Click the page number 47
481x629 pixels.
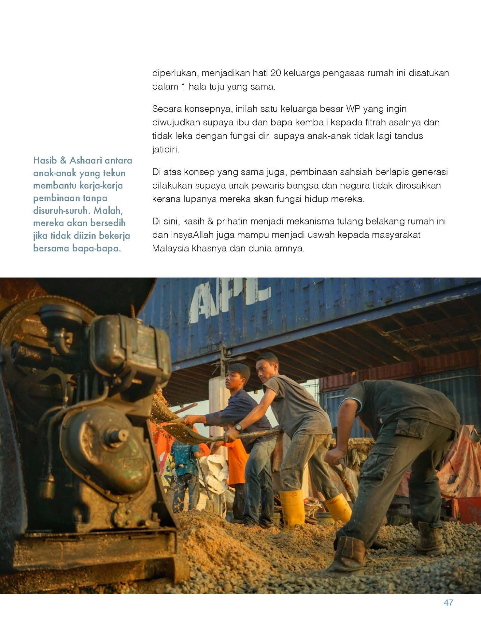pos(448,603)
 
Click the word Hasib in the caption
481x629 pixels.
pos(44,160)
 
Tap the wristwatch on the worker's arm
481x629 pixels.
pos(238,427)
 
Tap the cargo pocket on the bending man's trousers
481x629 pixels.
pos(410,432)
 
